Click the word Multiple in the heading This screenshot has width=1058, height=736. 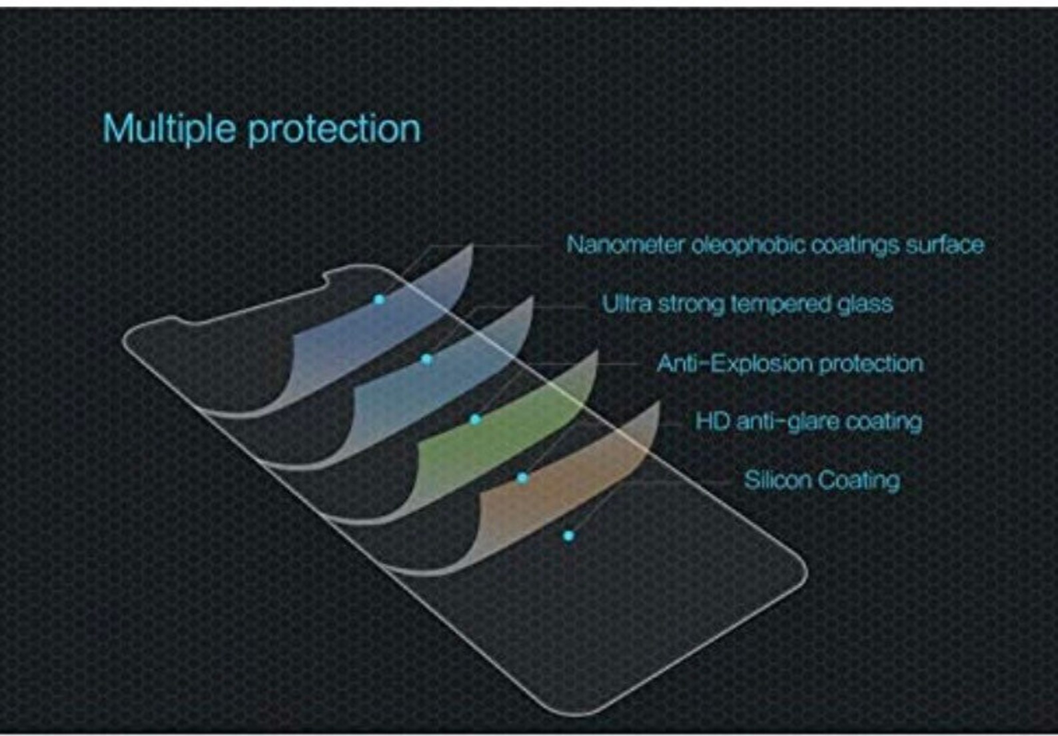169,128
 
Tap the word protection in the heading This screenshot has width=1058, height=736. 334,129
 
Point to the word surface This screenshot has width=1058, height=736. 944,244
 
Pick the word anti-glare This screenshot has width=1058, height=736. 778,422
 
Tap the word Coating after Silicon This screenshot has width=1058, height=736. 859,480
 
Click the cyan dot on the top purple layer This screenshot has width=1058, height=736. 379,300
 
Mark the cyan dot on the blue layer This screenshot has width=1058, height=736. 427,360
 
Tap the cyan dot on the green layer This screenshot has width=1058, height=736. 475,420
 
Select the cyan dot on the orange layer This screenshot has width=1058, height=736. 522,478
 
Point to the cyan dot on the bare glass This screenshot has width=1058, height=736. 568,536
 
